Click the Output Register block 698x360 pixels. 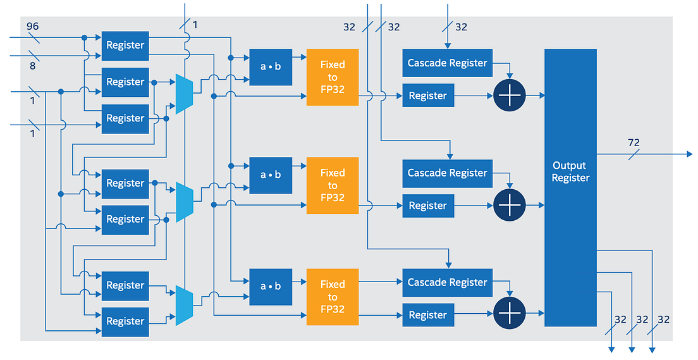pyautogui.click(x=570, y=187)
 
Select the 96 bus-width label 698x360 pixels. pyautogui.click(x=33, y=26)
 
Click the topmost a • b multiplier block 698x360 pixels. pyautogui.click(x=271, y=67)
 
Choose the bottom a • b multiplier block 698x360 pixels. pyautogui.click(x=271, y=287)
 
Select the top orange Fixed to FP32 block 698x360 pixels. pyautogui.click(x=332, y=77)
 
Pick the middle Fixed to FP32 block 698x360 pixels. pyautogui.click(x=332, y=185)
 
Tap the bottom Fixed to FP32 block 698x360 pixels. pyautogui.click(x=332, y=297)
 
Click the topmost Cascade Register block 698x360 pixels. pyautogui.click(x=447, y=63)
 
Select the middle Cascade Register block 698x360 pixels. pyautogui.click(x=447, y=173)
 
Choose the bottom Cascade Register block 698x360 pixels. pyautogui.click(x=447, y=282)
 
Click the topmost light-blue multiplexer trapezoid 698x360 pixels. pyautogui.click(x=184, y=94)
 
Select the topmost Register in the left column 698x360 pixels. pyautogui.click(x=125, y=46)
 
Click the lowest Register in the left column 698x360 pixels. pyautogui.click(x=125, y=321)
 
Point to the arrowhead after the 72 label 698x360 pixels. pyautogui.click(x=689, y=154)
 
